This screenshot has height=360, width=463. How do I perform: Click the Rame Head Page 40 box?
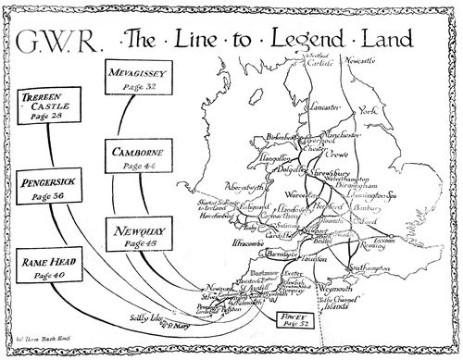48,267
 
